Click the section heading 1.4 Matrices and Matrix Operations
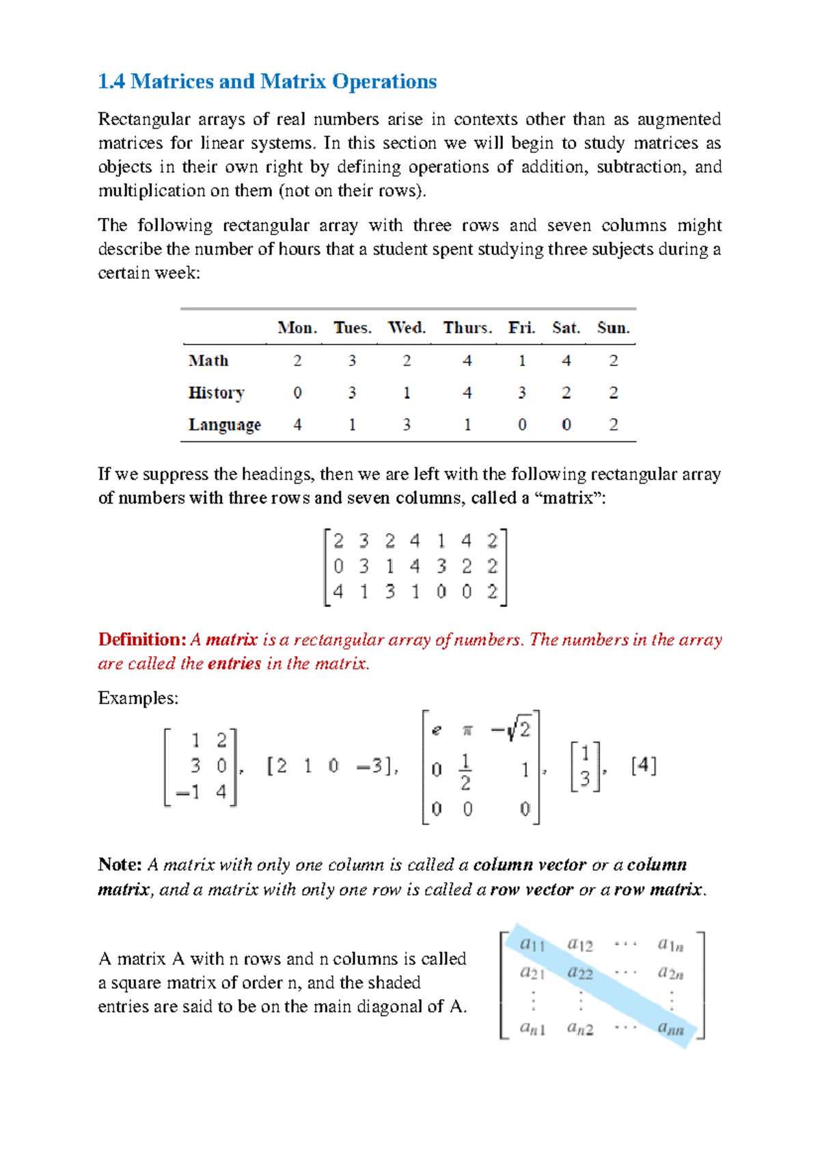(267, 81)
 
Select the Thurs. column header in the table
(467, 328)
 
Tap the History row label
(216, 393)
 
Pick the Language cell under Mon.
(297, 425)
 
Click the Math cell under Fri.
(522, 361)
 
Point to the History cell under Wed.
(407, 393)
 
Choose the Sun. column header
(613, 328)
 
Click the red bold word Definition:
(142, 640)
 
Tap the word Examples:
(137, 698)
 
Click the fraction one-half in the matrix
(465, 772)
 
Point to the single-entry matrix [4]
(644, 765)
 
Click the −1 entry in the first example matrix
(188, 793)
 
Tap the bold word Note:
(120, 864)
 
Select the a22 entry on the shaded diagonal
(580, 972)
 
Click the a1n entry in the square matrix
(670, 945)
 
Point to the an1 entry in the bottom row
(532, 1027)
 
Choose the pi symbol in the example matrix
(467, 731)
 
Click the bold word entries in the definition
(234, 664)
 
